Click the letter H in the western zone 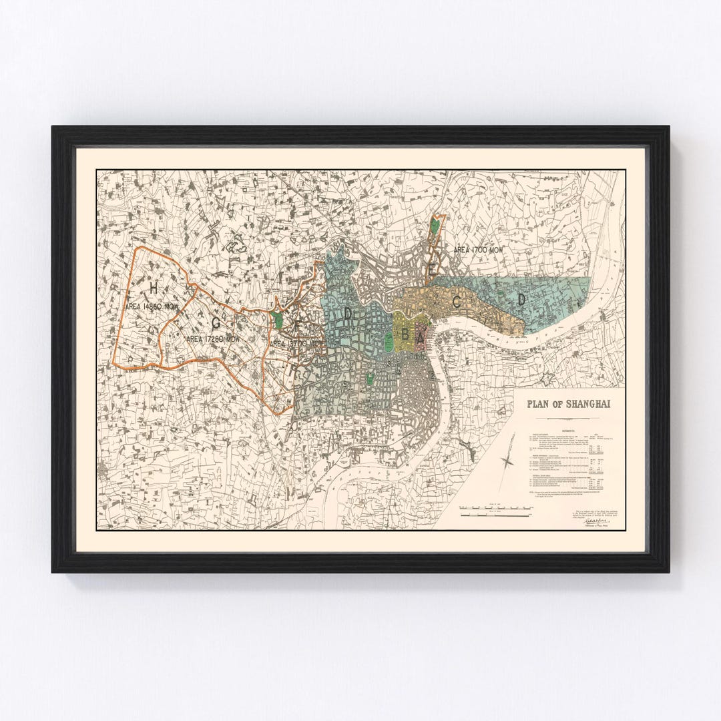pyautogui.click(x=153, y=288)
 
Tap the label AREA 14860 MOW pyautogui.click(x=153, y=306)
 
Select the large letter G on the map pyautogui.click(x=216, y=322)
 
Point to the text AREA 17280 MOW pyautogui.click(x=213, y=339)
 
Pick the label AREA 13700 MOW pyautogui.click(x=296, y=343)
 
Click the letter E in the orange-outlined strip pyautogui.click(x=433, y=268)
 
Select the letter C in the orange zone pyautogui.click(x=457, y=302)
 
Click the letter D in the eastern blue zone pyautogui.click(x=521, y=300)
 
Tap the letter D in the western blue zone pyautogui.click(x=348, y=312)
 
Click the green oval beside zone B pyautogui.click(x=389, y=342)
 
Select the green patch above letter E pyautogui.click(x=436, y=226)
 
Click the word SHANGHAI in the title pyautogui.click(x=587, y=404)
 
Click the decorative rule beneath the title pyautogui.click(x=567, y=416)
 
